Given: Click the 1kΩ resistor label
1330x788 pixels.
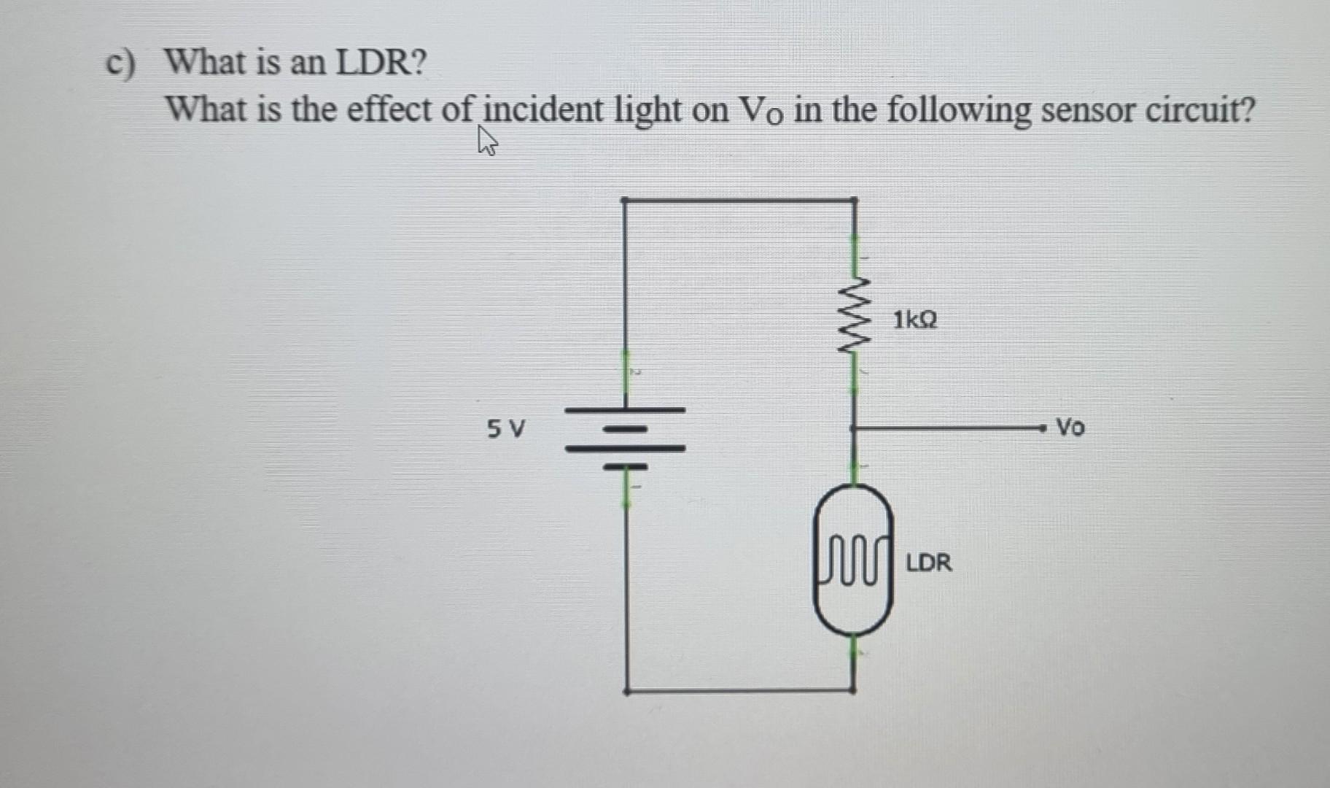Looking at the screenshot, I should [915, 320].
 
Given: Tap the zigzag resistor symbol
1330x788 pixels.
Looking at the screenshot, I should [854, 316].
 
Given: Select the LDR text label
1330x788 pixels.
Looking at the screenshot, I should [928, 563].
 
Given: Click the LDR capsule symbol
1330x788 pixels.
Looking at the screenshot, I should [853, 560].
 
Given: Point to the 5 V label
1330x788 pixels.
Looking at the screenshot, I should [505, 428].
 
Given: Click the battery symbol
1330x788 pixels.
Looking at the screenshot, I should [625, 437].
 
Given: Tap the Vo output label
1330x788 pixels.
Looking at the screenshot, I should [1070, 427].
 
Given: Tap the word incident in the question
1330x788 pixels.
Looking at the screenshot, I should [543, 111].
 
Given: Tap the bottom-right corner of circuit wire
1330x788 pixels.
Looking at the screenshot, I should [854, 689].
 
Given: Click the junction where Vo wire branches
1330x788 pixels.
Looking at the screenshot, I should [854, 428].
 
